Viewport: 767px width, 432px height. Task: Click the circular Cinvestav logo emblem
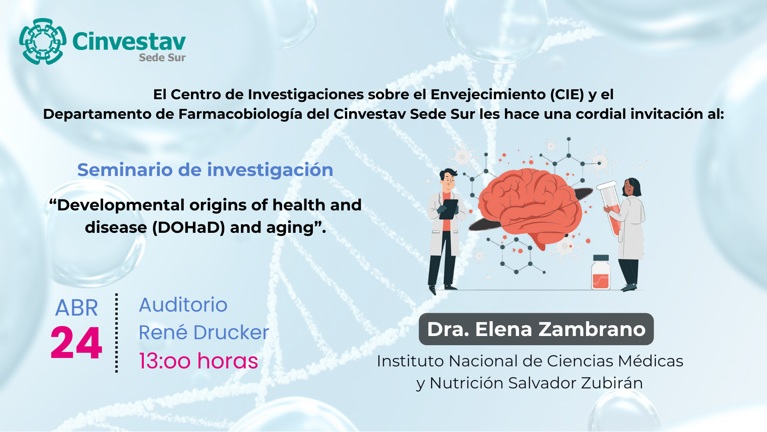pyautogui.click(x=43, y=41)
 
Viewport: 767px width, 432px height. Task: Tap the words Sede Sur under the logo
pyautogui.click(x=162, y=58)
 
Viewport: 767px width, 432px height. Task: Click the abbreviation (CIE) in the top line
pyautogui.click(x=567, y=94)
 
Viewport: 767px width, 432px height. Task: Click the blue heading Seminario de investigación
pyautogui.click(x=205, y=170)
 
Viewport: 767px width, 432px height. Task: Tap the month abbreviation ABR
pyautogui.click(x=76, y=308)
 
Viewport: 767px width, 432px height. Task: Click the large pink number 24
pyautogui.click(x=76, y=343)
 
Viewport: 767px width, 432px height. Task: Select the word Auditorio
pyautogui.click(x=183, y=305)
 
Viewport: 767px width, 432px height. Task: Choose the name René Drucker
pyautogui.click(x=204, y=332)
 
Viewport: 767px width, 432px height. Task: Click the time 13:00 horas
pyautogui.click(x=199, y=361)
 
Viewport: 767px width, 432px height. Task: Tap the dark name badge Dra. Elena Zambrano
pyautogui.click(x=536, y=329)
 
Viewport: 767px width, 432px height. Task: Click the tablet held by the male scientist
pyautogui.click(x=449, y=209)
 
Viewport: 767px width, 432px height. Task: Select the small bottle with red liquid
pyautogui.click(x=601, y=272)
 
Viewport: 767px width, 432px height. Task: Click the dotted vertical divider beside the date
pyautogui.click(x=117, y=333)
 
